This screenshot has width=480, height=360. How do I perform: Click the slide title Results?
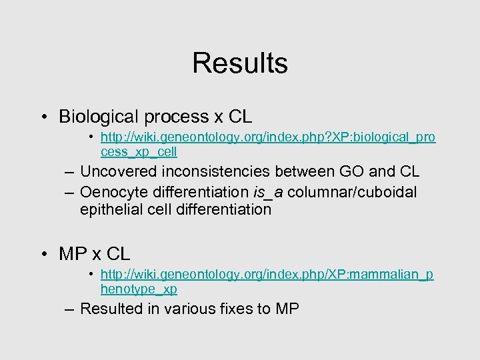click(x=240, y=63)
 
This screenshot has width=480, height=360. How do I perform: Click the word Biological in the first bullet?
click(x=96, y=117)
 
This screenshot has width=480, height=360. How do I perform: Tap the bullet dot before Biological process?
click(x=43, y=117)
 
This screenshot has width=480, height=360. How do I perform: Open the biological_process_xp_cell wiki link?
click(x=267, y=137)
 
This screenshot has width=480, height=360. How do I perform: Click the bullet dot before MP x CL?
click(x=43, y=254)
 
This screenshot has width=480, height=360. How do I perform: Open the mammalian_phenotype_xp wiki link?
click(x=267, y=275)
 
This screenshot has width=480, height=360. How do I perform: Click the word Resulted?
click(x=111, y=309)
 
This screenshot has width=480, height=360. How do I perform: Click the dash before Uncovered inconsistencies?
click(x=70, y=173)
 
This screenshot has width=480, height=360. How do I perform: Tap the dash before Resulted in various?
click(x=70, y=309)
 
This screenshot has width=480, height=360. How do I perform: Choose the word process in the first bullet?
click(x=173, y=117)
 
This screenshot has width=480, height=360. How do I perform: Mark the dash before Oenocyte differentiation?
click(x=70, y=193)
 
